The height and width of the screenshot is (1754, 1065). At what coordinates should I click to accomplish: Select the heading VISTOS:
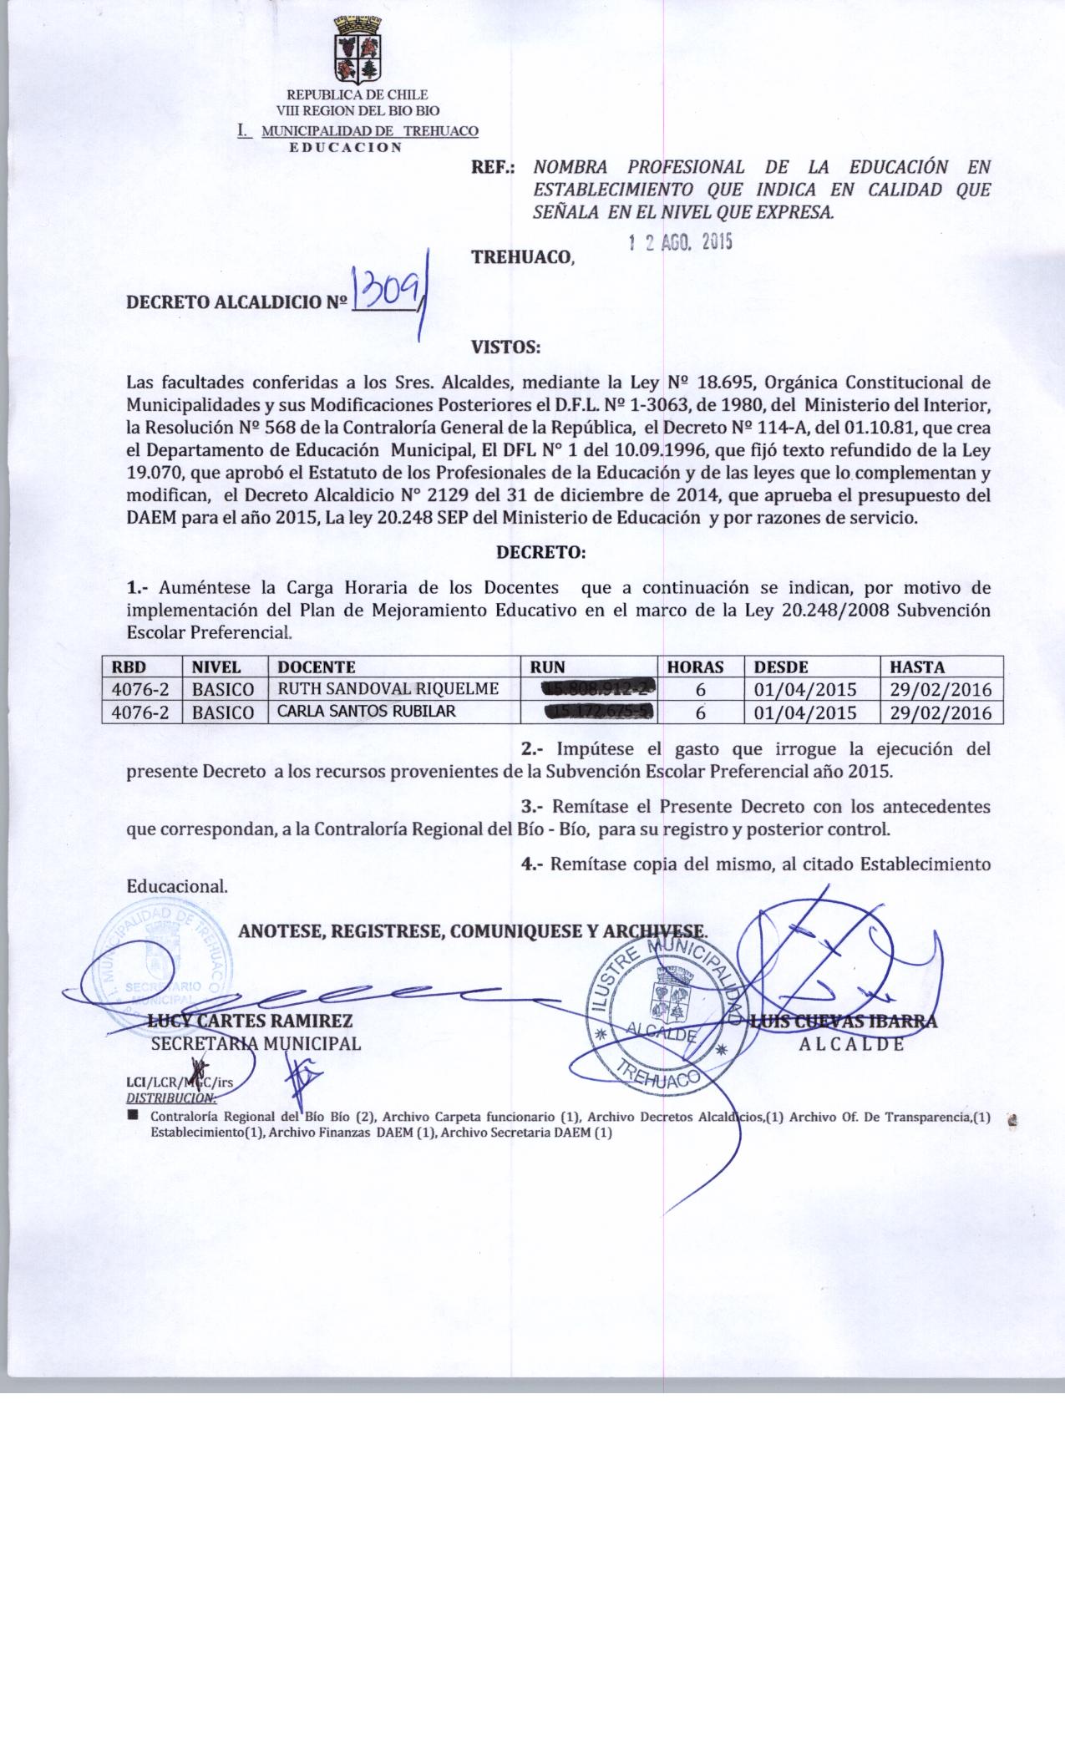(x=506, y=346)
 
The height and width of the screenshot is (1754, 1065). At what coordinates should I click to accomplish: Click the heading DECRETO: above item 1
(x=541, y=553)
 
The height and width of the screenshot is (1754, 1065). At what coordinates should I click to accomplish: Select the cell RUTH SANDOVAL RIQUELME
(x=388, y=689)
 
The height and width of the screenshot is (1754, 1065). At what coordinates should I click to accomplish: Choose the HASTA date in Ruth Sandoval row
(x=941, y=690)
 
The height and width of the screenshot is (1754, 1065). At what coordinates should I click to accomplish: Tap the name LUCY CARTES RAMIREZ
(x=251, y=1021)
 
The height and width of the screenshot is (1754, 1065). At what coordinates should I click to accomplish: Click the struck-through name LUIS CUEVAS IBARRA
(x=844, y=1021)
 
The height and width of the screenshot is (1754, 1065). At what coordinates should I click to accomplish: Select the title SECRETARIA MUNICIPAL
(x=256, y=1043)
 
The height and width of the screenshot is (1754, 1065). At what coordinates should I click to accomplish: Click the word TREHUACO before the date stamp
(x=523, y=257)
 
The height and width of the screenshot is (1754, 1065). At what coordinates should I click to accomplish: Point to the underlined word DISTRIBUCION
(x=170, y=1098)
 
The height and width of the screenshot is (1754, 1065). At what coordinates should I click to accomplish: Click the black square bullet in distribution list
(x=132, y=1116)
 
